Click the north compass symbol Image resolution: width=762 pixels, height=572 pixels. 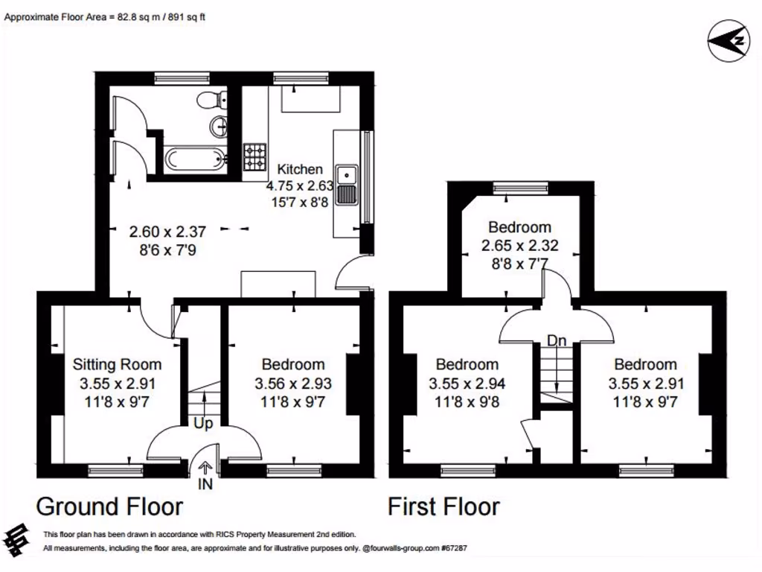pos(726,39)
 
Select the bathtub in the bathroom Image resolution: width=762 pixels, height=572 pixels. pos(194,158)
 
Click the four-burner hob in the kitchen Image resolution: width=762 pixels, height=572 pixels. pos(254,156)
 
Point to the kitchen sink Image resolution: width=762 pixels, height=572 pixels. pos(347,185)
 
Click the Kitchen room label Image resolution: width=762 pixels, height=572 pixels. pos(300,169)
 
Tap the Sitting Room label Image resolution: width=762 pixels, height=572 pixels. pos(117,364)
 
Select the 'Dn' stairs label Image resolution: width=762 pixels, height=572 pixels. pos(557,340)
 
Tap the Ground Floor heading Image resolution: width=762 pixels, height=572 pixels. pos(109,507)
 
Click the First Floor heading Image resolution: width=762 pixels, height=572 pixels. pos(444,507)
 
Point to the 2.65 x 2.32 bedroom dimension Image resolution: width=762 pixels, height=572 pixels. pos(519,245)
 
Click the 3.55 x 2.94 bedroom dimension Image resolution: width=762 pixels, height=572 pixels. pos(467,384)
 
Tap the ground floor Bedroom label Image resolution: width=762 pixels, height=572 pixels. pos(292,364)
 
